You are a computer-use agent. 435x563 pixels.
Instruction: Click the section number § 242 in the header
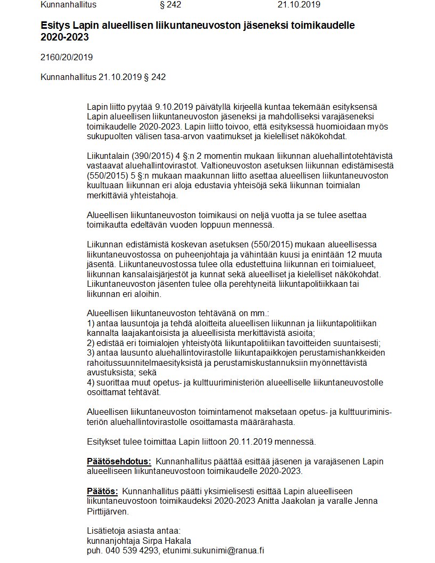[x=170, y=5]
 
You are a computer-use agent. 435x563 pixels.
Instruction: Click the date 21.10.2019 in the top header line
[x=299, y=5]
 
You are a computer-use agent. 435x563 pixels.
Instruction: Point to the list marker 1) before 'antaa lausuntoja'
[x=90, y=323]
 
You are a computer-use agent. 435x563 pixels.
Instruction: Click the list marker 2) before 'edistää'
[x=90, y=343]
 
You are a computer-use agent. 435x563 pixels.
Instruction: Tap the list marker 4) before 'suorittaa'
[x=90, y=382]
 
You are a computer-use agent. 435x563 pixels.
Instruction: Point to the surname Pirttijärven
[x=107, y=511]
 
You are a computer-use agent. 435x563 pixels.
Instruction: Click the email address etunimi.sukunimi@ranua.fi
[x=214, y=550]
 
